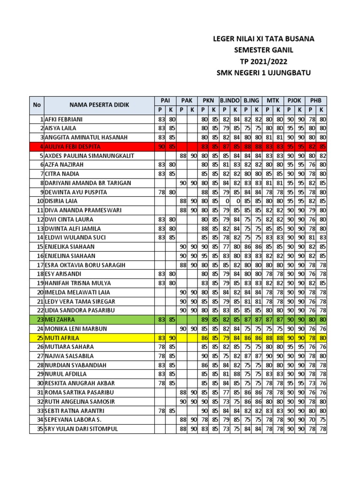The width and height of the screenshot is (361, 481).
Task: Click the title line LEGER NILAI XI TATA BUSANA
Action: coord(264,39)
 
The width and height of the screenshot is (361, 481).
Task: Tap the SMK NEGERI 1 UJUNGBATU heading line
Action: coord(264,72)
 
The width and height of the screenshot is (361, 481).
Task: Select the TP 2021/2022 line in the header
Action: coord(264,61)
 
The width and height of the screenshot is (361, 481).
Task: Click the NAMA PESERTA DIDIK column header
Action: coord(99,105)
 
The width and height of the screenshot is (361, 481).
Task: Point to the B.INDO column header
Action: coord(230,101)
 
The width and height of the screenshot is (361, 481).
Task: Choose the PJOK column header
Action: coord(294,101)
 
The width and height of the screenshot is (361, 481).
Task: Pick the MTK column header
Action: coord(273,101)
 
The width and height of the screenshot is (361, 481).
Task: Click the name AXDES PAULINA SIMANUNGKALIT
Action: coord(89,155)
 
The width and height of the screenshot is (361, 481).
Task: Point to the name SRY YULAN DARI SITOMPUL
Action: coord(81,429)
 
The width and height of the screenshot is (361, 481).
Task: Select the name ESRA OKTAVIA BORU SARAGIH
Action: coord(85,265)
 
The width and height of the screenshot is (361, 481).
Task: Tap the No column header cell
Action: coord(37,105)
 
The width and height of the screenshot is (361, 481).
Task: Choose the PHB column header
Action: coord(316,101)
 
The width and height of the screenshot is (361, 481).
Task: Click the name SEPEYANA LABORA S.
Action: coord(73,419)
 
